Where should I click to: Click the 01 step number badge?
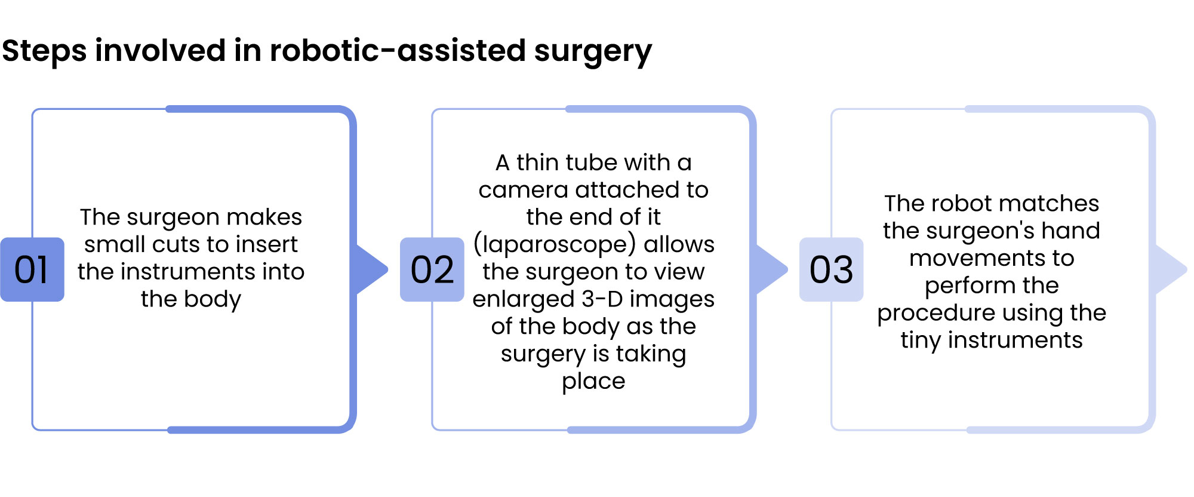[32, 269]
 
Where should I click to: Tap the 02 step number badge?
[432, 269]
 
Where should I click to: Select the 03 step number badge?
[832, 269]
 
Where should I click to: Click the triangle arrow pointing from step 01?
[371, 269]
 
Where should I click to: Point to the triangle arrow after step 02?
[771, 269]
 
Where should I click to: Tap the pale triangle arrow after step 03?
[1171, 269]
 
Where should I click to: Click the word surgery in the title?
[593, 53]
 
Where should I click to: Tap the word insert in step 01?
[267, 244]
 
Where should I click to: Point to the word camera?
[523, 191]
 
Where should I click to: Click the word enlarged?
[524, 300]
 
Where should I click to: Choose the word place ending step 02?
[593, 382]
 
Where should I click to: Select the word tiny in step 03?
[921, 341]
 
